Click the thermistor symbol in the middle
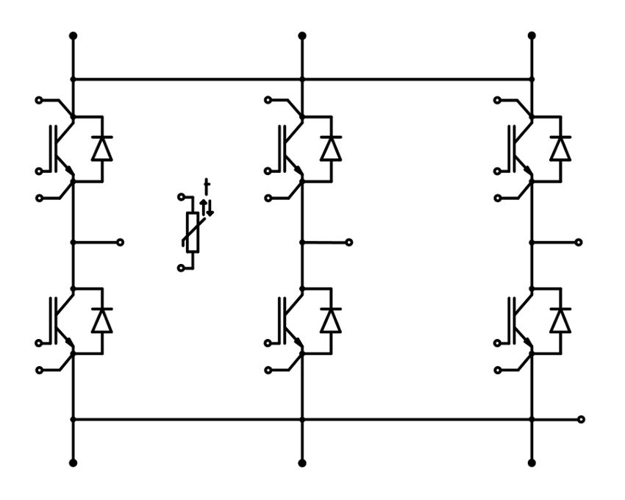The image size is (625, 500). coord(193,232)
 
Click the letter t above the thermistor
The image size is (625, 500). coord(207,185)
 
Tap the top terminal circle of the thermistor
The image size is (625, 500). coord(181,197)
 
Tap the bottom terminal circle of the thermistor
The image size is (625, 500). coord(181,268)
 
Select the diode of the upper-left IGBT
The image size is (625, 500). coord(101,149)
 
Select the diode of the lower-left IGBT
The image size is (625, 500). coord(101,321)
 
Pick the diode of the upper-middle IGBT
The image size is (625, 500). coord(331,149)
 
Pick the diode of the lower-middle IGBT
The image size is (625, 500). coord(331,321)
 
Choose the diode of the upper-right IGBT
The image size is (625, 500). coord(561,149)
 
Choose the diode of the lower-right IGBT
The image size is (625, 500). coord(561,321)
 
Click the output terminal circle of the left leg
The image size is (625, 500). coord(121,242)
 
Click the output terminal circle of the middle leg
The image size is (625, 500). coord(349,242)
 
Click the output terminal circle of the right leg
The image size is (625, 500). coord(579,242)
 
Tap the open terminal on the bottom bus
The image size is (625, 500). coord(582,419)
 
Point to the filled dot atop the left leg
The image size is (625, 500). coord(72,35)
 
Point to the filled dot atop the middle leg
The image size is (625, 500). coord(301,35)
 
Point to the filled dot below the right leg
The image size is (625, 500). coord(532,463)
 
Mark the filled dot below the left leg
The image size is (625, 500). coord(72,463)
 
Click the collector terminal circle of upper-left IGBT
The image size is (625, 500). coord(40,99)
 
